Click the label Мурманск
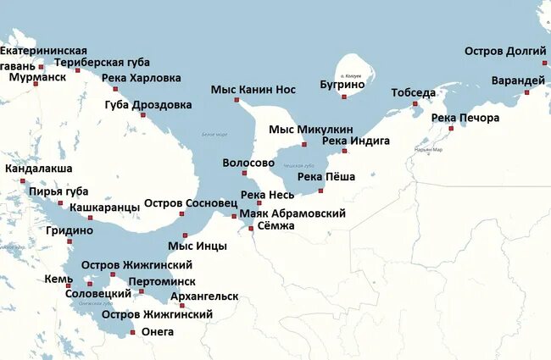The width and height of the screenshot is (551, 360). click(x=37, y=77)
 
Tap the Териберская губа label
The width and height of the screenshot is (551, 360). click(x=102, y=62)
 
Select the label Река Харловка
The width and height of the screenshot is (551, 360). click(x=141, y=78)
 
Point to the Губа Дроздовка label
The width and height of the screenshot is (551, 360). click(x=147, y=105)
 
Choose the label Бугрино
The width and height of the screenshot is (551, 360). click(x=342, y=84)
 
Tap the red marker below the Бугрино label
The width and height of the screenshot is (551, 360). click(x=344, y=97)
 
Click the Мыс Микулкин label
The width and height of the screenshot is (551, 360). click(x=311, y=129)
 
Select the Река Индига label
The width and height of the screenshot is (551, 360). click(x=356, y=140)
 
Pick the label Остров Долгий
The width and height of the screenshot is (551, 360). click(x=505, y=52)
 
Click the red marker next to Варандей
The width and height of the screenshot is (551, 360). click(x=526, y=91)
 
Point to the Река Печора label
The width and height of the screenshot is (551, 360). click(x=465, y=118)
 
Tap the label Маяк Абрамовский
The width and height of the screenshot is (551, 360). click(x=292, y=213)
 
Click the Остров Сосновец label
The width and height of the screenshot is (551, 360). click(x=190, y=203)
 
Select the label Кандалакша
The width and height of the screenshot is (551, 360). click(x=38, y=169)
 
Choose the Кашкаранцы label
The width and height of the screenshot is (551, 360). click(x=104, y=207)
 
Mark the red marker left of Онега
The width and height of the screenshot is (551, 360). click(x=133, y=333)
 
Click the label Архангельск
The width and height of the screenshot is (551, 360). click(x=203, y=296)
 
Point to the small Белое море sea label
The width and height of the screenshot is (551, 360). click(x=214, y=135)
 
